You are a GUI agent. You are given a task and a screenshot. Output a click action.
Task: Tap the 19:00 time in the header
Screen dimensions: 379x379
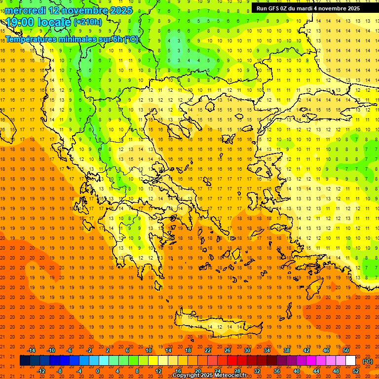point(21,22)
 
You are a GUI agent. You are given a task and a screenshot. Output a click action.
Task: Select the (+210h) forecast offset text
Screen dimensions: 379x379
point(88,22)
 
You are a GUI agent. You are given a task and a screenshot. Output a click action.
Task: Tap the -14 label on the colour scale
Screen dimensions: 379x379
point(32,350)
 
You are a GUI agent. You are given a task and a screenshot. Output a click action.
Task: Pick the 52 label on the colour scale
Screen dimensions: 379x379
point(356,371)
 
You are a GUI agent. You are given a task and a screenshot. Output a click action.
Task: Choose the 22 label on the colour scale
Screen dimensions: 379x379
point(208,350)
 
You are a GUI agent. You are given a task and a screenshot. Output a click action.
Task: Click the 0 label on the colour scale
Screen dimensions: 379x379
point(97,371)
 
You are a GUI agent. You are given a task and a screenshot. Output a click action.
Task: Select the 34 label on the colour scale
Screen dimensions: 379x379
point(267,350)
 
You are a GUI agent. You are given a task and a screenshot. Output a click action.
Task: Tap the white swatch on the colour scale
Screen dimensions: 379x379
point(351,361)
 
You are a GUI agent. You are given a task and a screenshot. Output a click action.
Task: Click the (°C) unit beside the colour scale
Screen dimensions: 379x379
point(368,361)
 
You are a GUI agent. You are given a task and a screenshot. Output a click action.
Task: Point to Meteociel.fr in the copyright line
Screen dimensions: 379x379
point(230,376)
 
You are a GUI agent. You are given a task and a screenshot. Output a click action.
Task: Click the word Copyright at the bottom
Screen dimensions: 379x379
point(186,376)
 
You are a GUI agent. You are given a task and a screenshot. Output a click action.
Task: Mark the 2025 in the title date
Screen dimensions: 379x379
point(121,10)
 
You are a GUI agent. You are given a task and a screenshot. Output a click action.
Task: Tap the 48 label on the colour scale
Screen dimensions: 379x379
point(336,371)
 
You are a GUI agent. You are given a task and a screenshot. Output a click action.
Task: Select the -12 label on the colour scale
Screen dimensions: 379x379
point(41,371)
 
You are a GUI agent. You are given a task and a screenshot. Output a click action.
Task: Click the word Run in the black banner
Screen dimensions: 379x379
point(262,8)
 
